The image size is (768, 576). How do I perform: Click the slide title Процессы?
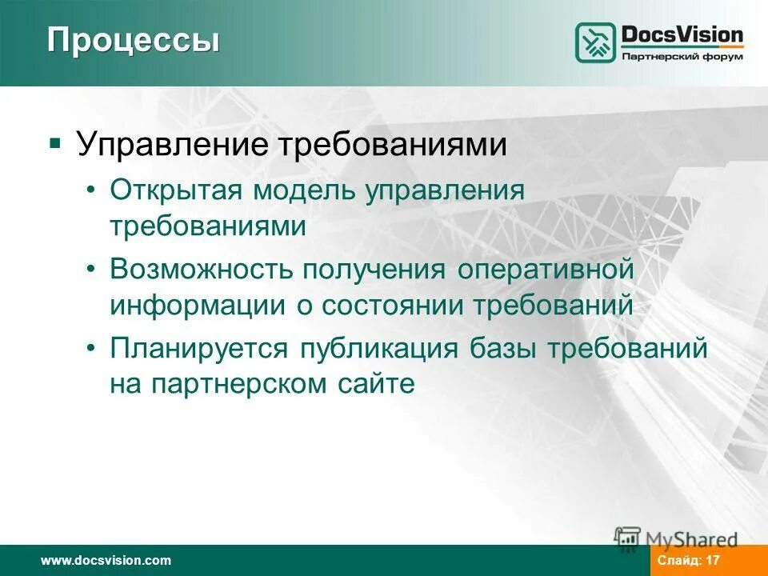(x=133, y=40)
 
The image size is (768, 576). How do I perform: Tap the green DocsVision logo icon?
(x=596, y=42)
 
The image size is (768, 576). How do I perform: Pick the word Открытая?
(x=177, y=191)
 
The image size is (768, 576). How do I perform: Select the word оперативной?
(x=546, y=270)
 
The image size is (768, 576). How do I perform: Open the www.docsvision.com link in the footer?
(x=106, y=560)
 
